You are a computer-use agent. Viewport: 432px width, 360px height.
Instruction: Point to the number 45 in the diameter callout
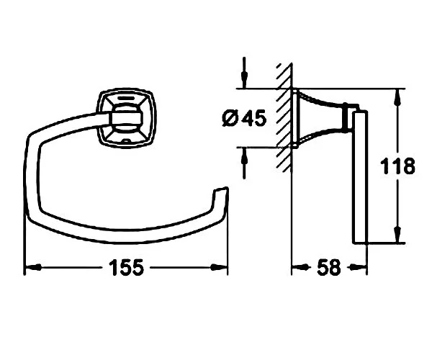(x=253, y=118)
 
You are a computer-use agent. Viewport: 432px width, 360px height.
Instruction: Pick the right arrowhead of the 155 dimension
(x=222, y=268)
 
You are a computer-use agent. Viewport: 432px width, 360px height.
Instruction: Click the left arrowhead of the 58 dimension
(x=296, y=268)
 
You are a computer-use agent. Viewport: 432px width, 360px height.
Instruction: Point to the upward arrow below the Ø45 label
(x=245, y=155)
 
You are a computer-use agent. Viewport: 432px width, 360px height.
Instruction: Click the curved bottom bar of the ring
(x=122, y=234)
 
